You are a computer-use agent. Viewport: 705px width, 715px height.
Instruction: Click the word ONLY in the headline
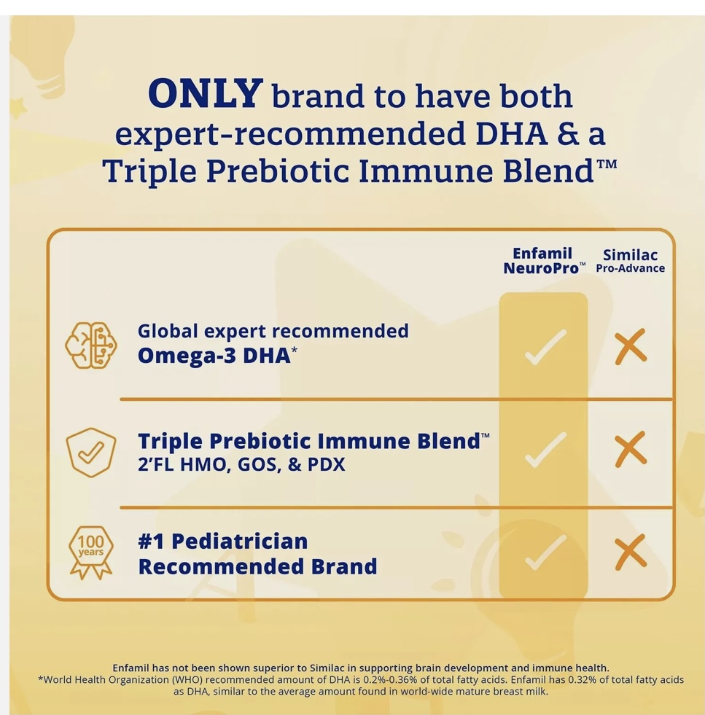[205, 93]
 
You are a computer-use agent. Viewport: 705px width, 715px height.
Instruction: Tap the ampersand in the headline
[567, 133]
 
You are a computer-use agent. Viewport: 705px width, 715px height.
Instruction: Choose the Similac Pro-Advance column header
[630, 261]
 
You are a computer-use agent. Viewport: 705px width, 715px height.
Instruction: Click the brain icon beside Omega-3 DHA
[90, 345]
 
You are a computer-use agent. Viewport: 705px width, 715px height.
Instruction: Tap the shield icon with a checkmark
[90, 453]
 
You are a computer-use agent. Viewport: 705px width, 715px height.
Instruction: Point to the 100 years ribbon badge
[90, 552]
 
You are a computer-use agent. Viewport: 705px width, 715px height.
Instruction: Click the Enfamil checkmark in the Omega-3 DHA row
[545, 347]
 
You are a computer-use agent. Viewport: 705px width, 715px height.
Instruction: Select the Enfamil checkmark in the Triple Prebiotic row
[545, 450]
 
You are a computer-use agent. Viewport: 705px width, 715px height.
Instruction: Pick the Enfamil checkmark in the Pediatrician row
[545, 552]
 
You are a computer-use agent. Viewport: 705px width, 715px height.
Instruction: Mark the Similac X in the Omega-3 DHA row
[631, 346]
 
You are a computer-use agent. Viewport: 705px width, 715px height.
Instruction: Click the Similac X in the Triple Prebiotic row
[631, 449]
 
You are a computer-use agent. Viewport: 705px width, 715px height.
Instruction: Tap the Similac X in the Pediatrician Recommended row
[631, 552]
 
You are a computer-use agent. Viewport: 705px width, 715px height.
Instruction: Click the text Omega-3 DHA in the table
[214, 356]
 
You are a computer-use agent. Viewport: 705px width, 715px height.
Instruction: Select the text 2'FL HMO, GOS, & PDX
[241, 464]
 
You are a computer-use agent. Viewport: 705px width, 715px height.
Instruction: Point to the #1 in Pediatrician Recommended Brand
[151, 542]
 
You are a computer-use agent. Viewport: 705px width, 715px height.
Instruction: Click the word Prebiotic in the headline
[278, 172]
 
